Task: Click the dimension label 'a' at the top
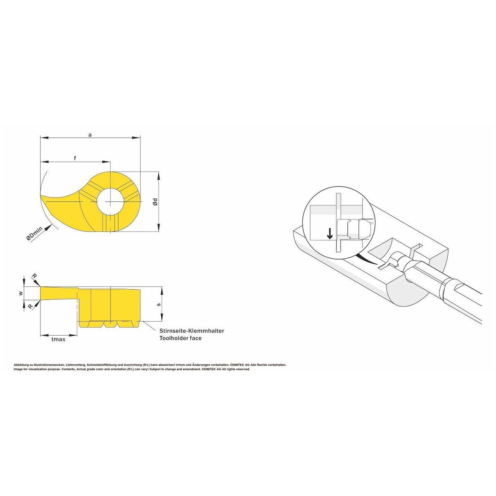coord(90,135)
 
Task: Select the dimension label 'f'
coord(75,158)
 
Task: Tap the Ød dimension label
coord(155,202)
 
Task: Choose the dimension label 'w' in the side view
coord(21,293)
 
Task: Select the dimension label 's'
coord(159,305)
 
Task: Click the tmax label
coord(58,339)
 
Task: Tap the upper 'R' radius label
coord(34,276)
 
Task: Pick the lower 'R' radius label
coord(31,306)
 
